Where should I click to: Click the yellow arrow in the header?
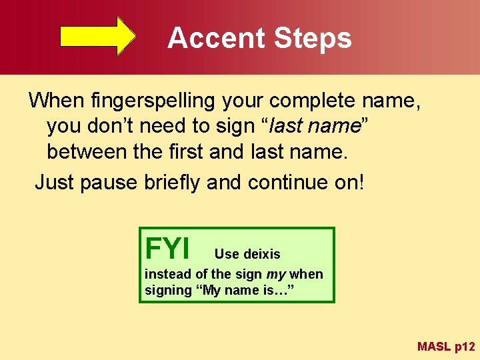(98, 35)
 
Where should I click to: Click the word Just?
(54, 182)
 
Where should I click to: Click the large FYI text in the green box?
(167, 249)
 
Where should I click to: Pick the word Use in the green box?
(226, 254)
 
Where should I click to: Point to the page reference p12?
(464, 347)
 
